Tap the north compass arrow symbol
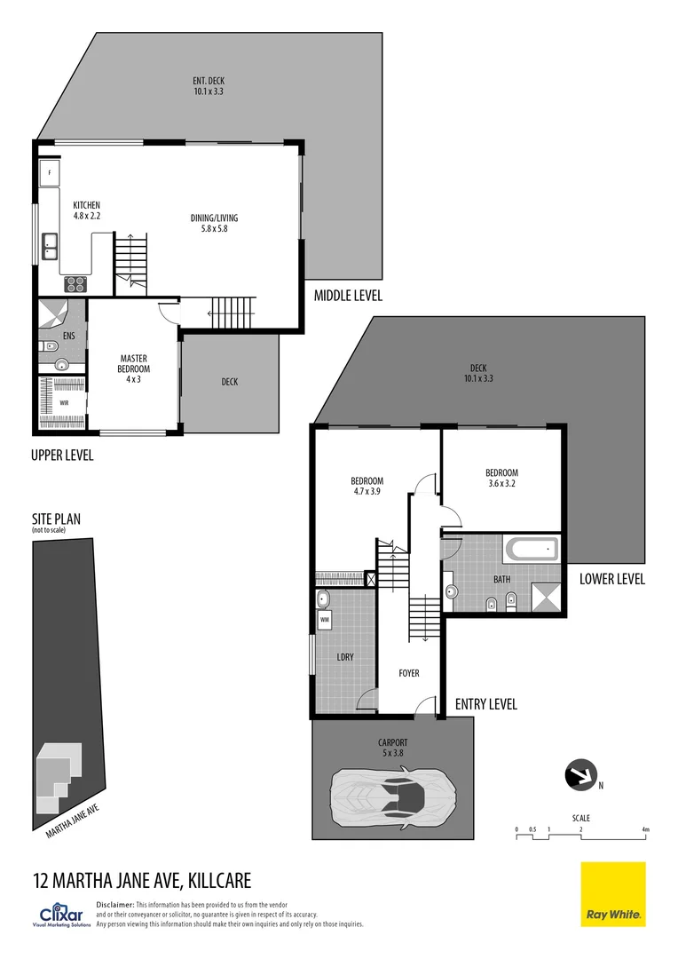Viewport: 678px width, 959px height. point(582,775)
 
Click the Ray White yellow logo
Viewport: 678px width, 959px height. point(612,894)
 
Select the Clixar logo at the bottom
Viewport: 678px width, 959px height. point(62,915)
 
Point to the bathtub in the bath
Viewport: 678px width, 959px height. point(531,550)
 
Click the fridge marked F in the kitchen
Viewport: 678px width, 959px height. point(50,171)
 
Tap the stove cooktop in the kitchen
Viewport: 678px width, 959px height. point(75,285)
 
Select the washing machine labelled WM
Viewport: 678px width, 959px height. point(325,619)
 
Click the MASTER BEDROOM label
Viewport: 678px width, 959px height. point(133,369)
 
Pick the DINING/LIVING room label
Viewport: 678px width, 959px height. point(214,224)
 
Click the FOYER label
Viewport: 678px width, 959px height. point(408,673)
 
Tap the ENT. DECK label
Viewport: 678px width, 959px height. point(208,86)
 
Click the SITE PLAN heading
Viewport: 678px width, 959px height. point(59,519)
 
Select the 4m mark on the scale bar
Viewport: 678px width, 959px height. point(646,829)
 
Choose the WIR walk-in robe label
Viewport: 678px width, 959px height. point(64,402)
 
